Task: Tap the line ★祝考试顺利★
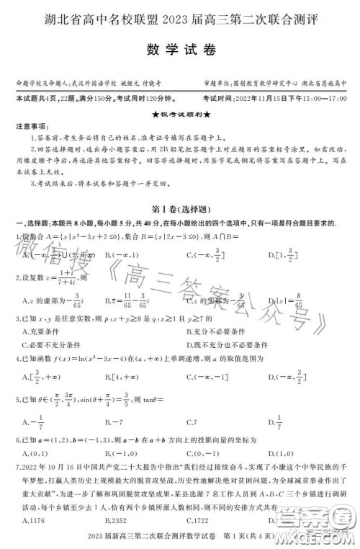point(179,114)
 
